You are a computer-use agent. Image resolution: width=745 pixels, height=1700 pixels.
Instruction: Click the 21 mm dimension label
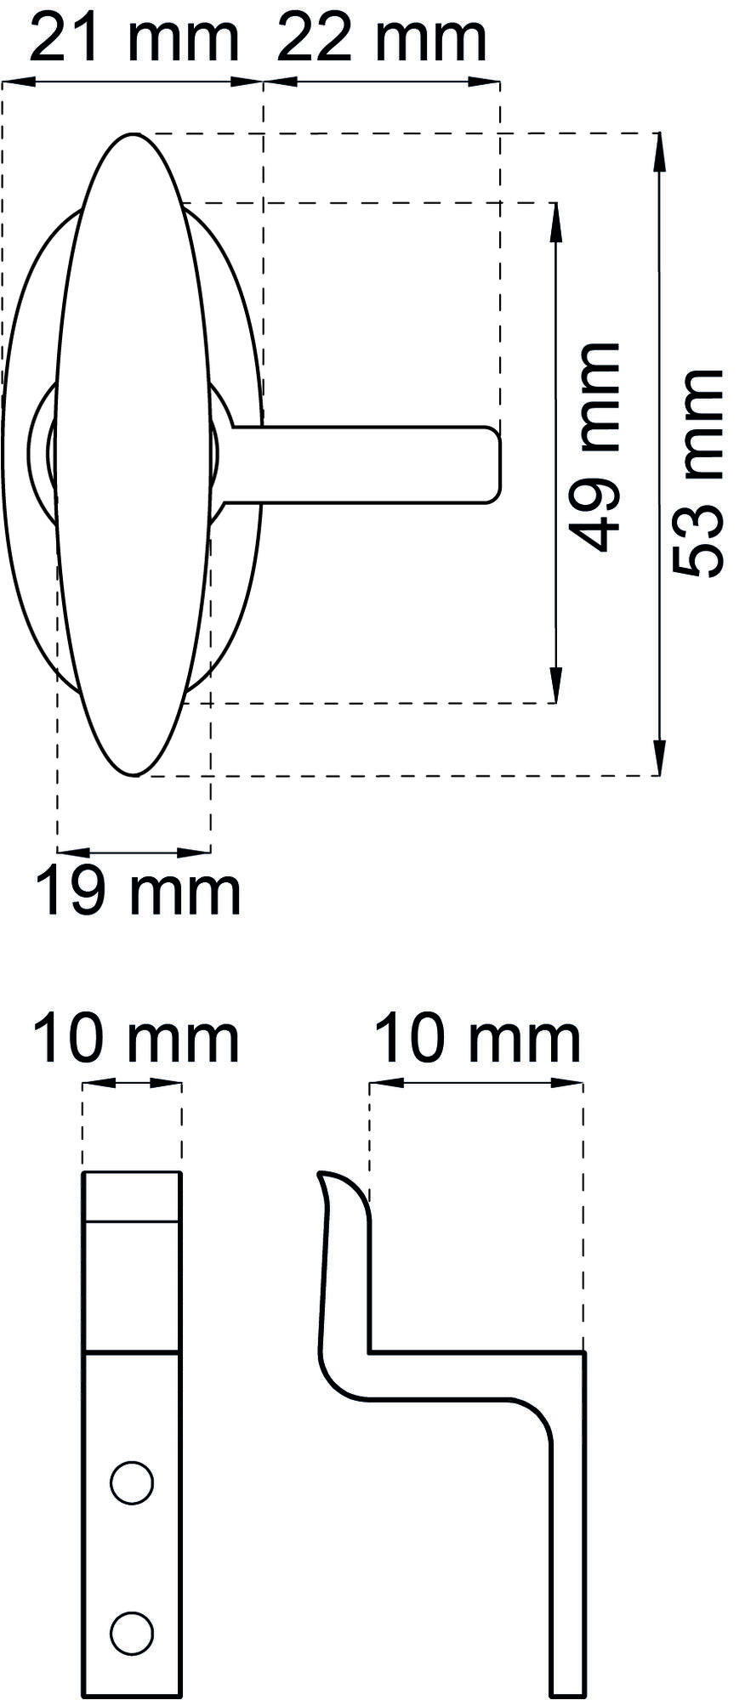coord(134,38)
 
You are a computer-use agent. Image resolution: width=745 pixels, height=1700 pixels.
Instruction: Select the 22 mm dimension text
coord(382,38)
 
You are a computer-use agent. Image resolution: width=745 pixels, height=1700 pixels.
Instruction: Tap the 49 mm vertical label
coord(594,447)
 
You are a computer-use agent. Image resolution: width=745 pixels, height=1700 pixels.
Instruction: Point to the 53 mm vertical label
coord(698,473)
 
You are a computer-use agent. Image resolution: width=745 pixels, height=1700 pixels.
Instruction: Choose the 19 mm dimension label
coord(139,892)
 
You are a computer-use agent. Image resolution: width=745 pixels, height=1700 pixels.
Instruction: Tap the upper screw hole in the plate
coord(132,1483)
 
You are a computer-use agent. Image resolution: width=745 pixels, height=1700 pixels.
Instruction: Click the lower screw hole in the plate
coord(132,1633)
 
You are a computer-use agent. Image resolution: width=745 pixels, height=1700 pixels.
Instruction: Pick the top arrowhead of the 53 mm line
coord(658,150)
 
